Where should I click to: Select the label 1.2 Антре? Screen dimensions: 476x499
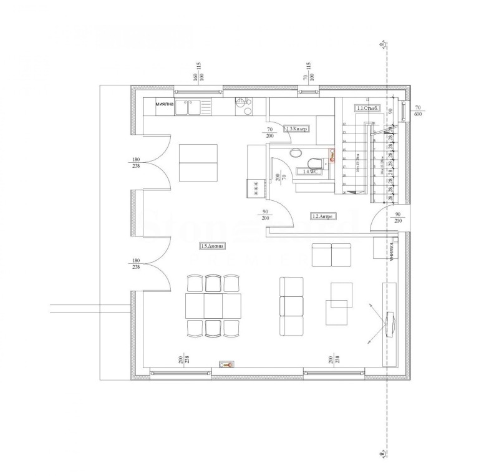tap(324, 216)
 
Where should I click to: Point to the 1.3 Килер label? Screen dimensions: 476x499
tap(297, 129)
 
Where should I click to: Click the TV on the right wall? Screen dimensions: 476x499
tap(391, 323)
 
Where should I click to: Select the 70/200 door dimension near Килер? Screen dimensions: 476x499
tap(269, 132)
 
